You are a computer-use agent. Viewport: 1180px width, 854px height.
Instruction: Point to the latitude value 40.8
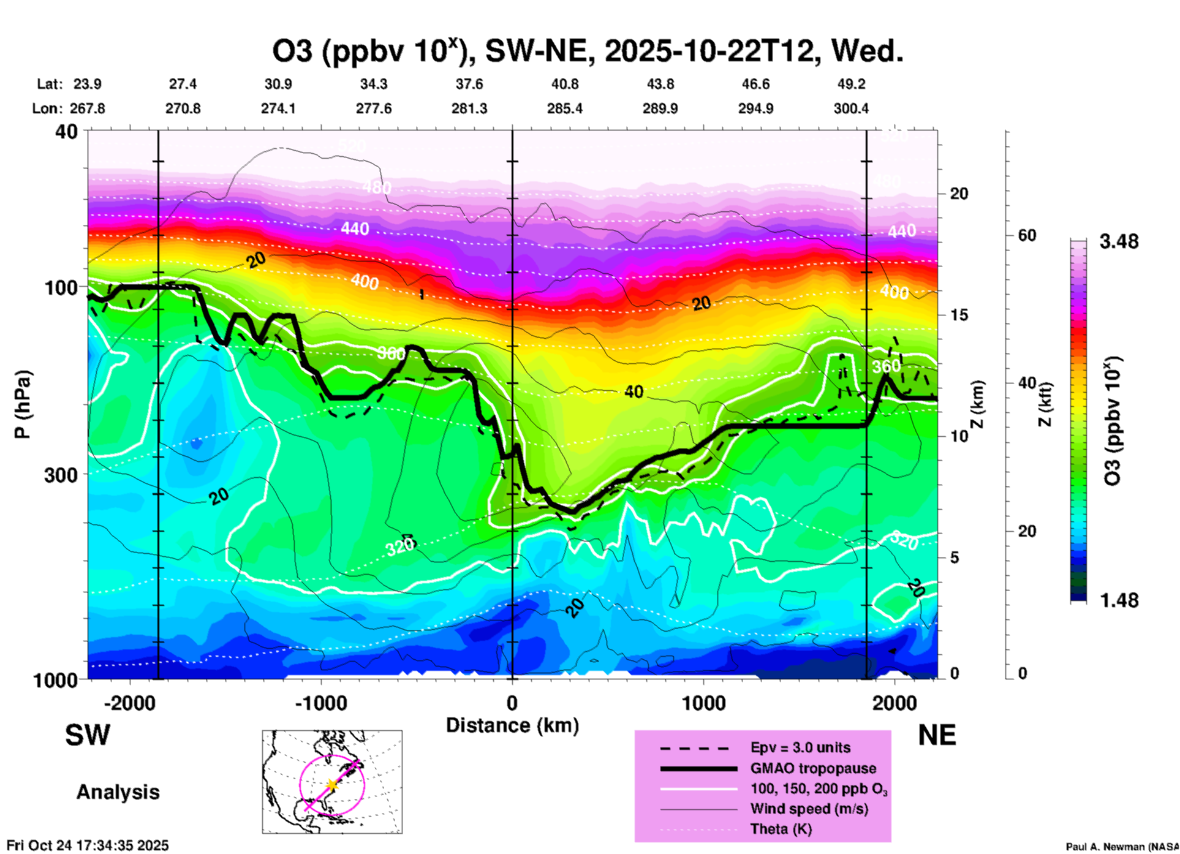point(564,84)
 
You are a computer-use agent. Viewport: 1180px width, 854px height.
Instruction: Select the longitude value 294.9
point(755,108)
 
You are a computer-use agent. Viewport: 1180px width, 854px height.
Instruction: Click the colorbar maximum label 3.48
point(1119,241)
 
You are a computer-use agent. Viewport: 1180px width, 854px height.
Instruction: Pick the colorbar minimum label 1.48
point(1119,600)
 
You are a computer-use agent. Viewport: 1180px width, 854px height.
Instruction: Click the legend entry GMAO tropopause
point(813,768)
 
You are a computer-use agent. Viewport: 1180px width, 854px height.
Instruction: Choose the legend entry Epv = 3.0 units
point(800,747)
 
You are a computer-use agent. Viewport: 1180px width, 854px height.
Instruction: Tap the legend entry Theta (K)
point(781,829)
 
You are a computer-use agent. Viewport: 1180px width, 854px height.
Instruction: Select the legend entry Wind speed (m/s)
point(809,809)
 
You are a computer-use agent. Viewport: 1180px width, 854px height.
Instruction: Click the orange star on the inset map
point(332,785)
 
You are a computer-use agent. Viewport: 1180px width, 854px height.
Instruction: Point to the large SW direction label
point(88,735)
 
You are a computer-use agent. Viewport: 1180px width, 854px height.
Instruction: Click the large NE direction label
point(937,735)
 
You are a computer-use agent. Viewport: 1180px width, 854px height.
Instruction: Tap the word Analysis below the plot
point(118,792)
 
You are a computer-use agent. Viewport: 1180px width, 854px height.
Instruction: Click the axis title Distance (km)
point(512,725)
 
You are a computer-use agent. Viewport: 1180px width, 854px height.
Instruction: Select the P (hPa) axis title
point(23,404)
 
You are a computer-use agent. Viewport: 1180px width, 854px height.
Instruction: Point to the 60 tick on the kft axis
point(1027,235)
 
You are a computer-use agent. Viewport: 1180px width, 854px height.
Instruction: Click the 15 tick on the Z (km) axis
point(958,315)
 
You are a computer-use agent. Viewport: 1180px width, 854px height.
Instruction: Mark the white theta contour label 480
point(376,186)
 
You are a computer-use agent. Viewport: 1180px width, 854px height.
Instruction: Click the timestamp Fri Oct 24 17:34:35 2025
point(88,845)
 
